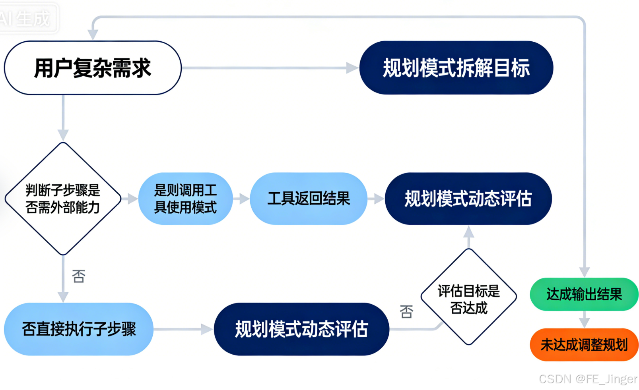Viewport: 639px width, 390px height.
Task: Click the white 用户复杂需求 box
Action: (x=93, y=68)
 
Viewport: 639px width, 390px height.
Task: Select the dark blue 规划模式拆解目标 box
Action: (x=456, y=68)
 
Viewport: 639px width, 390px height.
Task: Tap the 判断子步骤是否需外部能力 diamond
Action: (x=63, y=199)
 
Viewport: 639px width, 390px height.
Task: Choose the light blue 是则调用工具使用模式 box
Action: (x=185, y=199)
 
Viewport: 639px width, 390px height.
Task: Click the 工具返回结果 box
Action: (x=309, y=199)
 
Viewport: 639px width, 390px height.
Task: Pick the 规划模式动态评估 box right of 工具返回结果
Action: (x=468, y=199)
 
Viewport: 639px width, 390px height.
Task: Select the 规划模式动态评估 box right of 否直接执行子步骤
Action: (x=301, y=329)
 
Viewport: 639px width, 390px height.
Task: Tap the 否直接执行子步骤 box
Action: (x=79, y=329)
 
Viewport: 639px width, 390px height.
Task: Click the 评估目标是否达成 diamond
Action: (x=469, y=297)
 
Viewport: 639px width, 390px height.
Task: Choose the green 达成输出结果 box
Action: (x=584, y=294)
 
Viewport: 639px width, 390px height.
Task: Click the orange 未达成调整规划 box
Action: (x=584, y=345)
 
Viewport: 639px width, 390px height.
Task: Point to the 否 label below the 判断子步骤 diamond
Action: (x=79, y=276)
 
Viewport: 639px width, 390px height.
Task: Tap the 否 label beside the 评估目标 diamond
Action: (x=406, y=312)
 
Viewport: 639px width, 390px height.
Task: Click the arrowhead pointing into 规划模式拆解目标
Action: (x=352, y=68)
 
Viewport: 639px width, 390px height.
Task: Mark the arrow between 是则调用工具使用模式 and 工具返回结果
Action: (x=241, y=199)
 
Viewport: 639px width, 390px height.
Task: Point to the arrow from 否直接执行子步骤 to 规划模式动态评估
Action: (x=183, y=329)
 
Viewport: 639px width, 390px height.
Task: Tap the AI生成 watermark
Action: (x=26, y=18)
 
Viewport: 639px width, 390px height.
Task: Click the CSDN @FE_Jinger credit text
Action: (x=588, y=379)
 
